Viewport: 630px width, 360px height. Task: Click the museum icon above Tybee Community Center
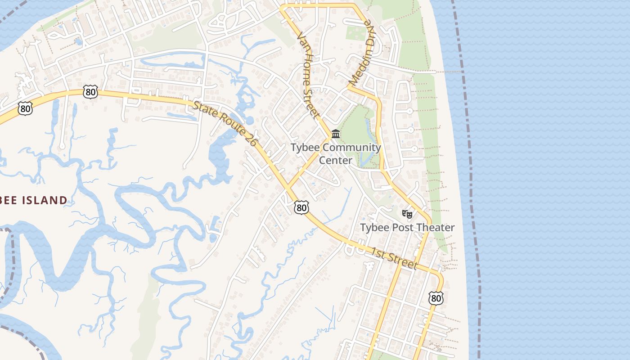pyautogui.click(x=336, y=134)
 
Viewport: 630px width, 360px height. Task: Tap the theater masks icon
pyautogui.click(x=407, y=214)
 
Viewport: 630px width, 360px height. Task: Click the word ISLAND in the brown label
pyautogui.click(x=44, y=200)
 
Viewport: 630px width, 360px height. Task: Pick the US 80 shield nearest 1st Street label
pyautogui.click(x=436, y=297)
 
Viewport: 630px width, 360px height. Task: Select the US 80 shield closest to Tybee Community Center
pyautogui.click(x=301, y=207)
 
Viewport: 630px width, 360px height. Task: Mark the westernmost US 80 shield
pyautogui.click(x=25, y=108)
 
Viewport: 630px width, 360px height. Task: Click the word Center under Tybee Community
pyautogui.click(x=336, y=160)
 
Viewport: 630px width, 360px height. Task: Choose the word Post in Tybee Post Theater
pyautogui.click(x=398, y=228)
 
